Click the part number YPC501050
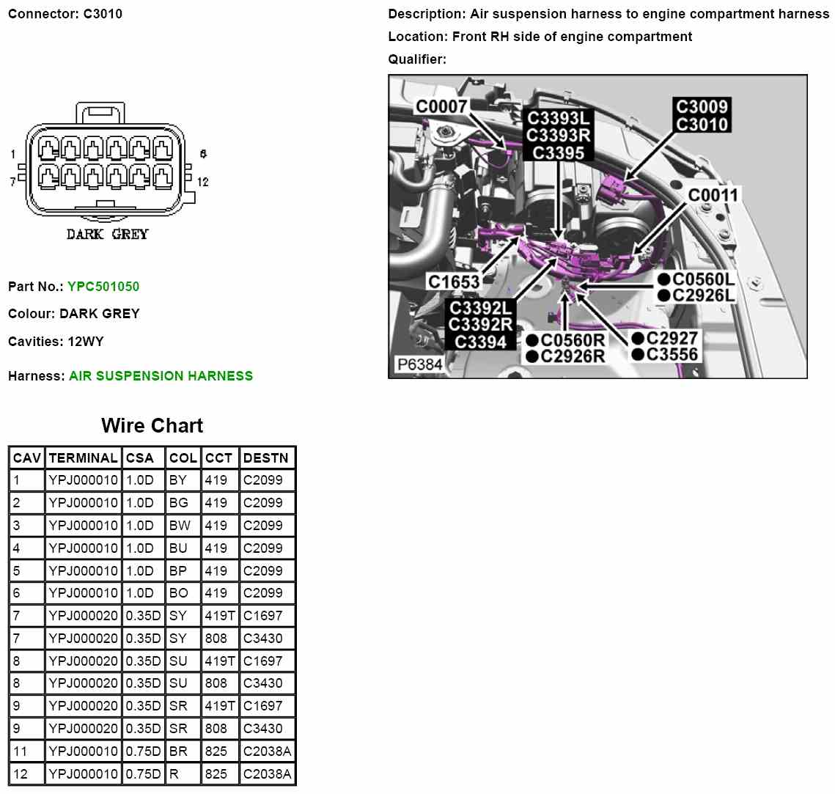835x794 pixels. click(x=103, y=287)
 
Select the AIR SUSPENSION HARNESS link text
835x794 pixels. click(x=161, y=376)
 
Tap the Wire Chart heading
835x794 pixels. click(x=152, y=425)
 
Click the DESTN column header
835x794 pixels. click(x=265, y=458)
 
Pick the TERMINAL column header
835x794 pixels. click(x=83, y=458)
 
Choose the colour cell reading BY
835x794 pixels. click(x=178, y=480)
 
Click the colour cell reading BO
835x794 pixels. click(x=178, y=593)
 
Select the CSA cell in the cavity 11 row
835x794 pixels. click(x=143, y=751)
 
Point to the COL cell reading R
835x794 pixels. click(x=174, y=773)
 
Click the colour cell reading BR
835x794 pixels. click(x=178, y=751)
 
